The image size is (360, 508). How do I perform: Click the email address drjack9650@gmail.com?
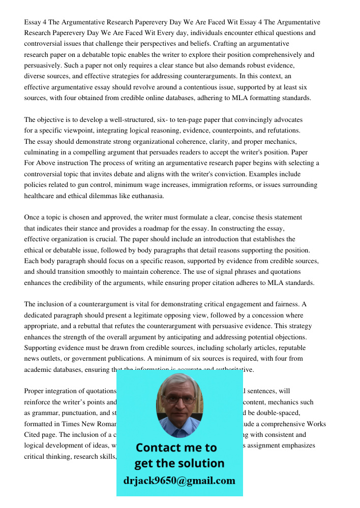point(179,481)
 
